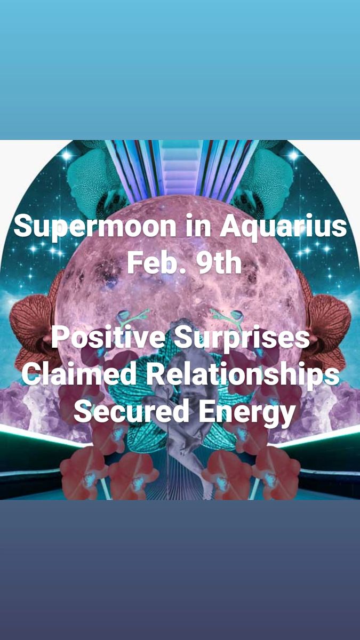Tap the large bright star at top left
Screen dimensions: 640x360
point(67,155)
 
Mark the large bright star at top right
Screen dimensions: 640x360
point(293,155)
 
